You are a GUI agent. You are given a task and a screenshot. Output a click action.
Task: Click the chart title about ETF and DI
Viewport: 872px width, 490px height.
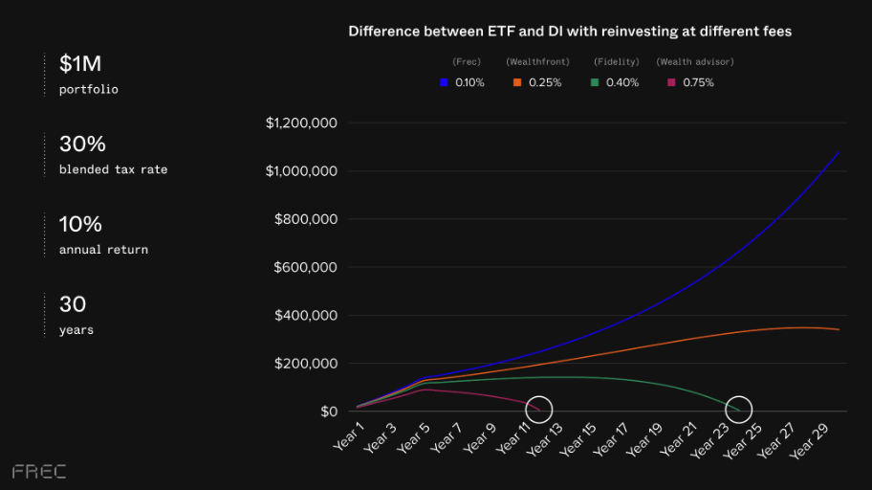(x=569, y=32)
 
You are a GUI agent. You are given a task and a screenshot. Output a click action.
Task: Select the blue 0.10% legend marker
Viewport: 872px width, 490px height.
(x=444, y=82)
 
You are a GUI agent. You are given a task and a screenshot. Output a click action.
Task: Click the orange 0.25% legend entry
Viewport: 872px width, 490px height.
(x=537, y=82)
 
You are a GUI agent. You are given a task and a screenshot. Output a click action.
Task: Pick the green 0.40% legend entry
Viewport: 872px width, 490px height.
(x=615, y=82)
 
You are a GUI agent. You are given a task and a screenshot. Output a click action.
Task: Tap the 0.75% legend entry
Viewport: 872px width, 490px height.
(x=691, y=82)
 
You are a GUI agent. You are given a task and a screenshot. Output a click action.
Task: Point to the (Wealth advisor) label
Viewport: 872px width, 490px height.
(x=695, y=62)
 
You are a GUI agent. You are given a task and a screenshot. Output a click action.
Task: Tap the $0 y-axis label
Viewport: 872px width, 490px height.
(x=329, y=412)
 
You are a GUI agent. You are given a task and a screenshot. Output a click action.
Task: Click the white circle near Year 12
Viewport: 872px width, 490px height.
(x=539, y=409)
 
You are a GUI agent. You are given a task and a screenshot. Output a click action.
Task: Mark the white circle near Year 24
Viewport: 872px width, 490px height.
(x=738, y=409)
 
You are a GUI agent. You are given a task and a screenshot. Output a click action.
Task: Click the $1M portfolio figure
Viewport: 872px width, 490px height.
(x=80, y=64)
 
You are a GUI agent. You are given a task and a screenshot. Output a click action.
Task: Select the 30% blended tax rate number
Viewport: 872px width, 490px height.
(x=82, y=145)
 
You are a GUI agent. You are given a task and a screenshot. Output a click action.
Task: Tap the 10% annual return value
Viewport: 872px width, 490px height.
(x=80, y=225)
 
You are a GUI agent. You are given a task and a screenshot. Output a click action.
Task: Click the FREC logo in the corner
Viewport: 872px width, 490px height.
(x=39, y=471)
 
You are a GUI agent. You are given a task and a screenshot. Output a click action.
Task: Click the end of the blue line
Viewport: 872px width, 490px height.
(x=839, y=153)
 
